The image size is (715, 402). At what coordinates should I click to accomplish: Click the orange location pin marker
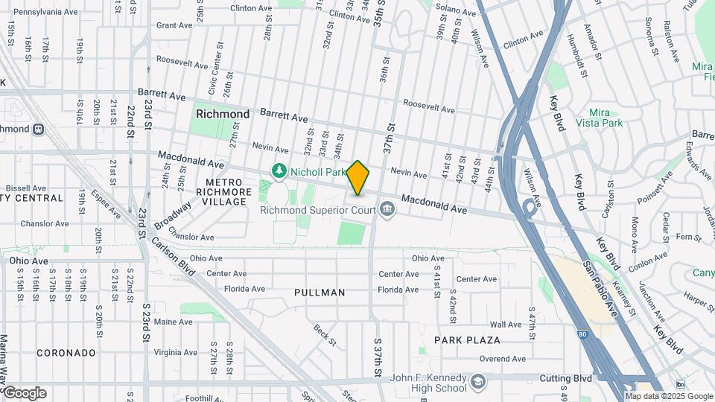click(x=358, y=178)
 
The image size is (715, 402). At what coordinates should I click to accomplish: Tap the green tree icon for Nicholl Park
click(x=279, y=172)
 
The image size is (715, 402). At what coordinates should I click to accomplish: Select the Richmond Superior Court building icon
click(x=387, y=211)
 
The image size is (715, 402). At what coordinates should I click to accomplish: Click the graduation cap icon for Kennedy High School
click(x=477, y=383)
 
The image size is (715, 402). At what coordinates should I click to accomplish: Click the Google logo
click(x=24, y=393)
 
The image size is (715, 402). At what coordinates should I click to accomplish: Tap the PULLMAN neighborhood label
click(x=320, y=293)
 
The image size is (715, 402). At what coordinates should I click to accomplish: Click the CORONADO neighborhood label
click(x=66, y=352)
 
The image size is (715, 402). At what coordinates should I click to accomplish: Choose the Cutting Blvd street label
click(x=566, y=378)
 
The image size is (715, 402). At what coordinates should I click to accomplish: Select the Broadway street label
click(x=172, y=214)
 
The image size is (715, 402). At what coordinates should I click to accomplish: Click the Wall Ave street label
click(x=506, y=325)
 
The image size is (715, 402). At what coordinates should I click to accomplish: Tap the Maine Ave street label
click(x=174, y=322)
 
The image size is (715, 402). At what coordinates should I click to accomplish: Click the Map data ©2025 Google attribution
click(x=669, y=396)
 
